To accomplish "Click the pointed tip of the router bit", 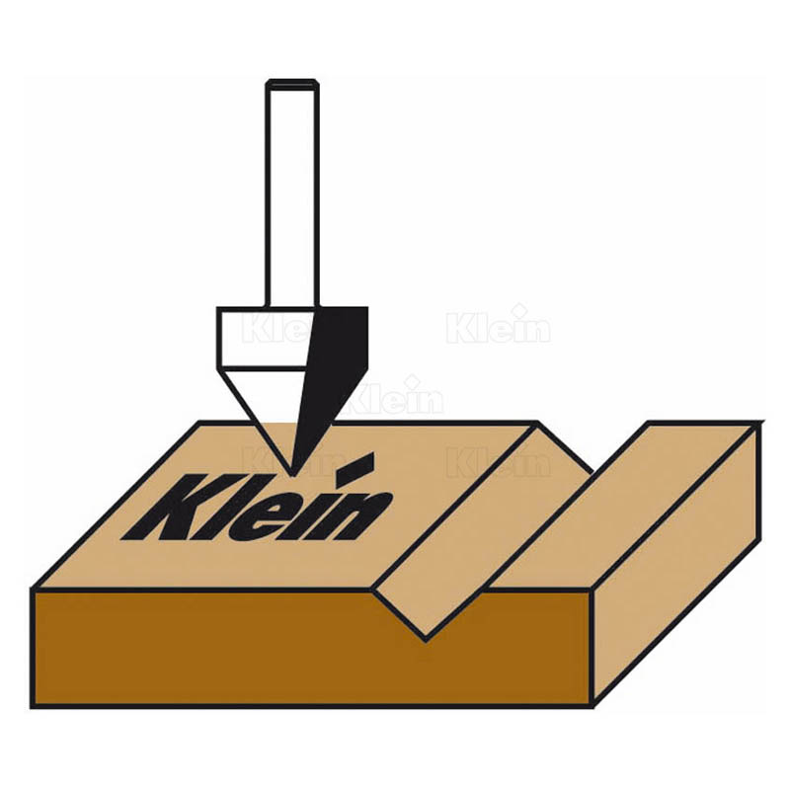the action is [x=292, y=475].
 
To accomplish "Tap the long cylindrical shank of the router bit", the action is [x=292, y=194].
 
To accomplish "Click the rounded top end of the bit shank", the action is [x=292, y=83].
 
